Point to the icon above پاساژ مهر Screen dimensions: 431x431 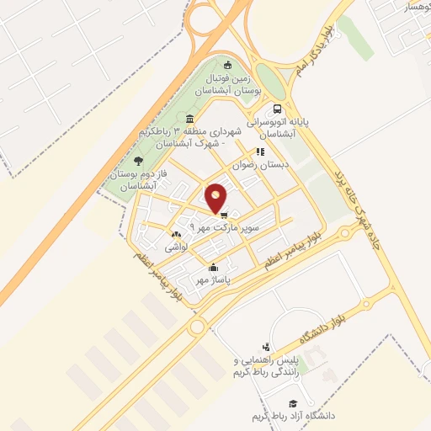212,268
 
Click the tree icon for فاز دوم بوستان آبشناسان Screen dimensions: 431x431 139,160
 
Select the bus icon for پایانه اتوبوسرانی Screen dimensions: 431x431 277,109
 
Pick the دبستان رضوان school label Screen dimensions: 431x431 265,165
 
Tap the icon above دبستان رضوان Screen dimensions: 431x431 261,152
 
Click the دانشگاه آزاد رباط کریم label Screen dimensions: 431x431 293,417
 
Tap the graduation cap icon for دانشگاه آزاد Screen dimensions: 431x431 292,404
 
